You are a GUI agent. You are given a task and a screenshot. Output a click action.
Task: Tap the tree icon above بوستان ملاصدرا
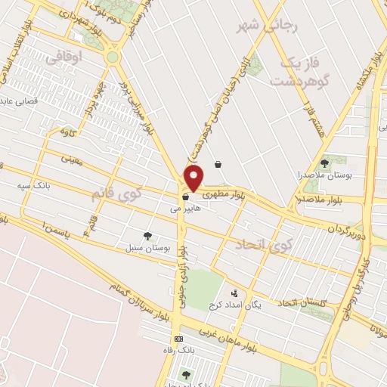click(x=324, y=163)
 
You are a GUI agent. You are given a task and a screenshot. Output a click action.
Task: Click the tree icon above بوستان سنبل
click(x=147, y=236)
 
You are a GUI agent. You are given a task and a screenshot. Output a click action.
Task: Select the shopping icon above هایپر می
click(x=185, y=200)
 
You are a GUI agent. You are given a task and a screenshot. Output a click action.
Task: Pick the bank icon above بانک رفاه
click(x=178, y=339)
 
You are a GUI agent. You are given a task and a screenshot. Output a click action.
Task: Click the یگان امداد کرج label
click(x=234, y=305)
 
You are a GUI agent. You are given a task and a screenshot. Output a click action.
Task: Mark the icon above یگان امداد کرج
click(x=234, y=293)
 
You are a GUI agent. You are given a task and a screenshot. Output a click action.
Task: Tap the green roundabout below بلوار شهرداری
click(x=113, y=57)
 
